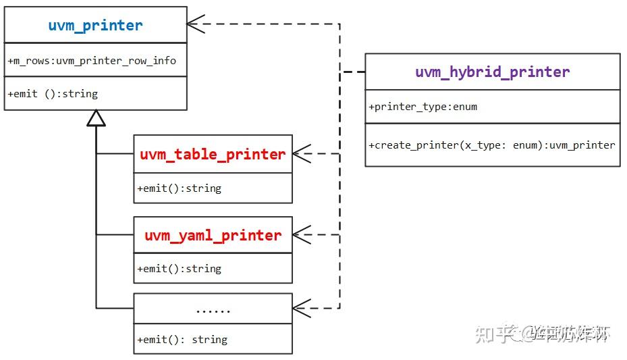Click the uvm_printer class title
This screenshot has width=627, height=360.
point(95,26)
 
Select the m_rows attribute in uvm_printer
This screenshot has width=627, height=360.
point(92,61)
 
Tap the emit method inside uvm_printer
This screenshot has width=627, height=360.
point(53,94)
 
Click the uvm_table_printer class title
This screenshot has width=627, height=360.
point(213,154)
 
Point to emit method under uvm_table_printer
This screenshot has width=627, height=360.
point(179,188)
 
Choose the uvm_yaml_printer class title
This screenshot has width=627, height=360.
point(213,235)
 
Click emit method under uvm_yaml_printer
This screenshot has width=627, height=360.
point(179,269)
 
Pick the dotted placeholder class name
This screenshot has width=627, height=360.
point(213,309)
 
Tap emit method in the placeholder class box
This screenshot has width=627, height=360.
point(182,340)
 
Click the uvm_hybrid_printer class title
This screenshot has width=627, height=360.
point(492,72)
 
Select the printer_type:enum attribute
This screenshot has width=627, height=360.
point(423,107)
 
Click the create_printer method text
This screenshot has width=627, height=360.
point(491,145)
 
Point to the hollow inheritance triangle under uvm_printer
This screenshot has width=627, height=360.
point(97,118)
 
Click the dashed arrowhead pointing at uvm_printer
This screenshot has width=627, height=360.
point(196,24)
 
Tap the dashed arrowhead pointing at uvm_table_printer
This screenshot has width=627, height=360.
point(301,153)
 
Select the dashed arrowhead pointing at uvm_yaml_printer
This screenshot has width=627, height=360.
point(301,234)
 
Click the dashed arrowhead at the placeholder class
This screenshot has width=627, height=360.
point(301,309)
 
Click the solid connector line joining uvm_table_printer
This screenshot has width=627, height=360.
point(115,153)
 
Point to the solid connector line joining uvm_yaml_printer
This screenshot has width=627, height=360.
point(115,234)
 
